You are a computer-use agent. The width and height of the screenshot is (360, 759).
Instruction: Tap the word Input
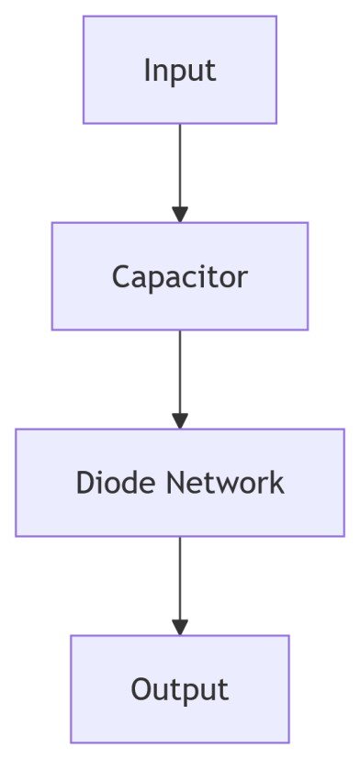[x=180, y=71]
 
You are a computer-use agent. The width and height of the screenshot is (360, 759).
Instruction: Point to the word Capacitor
[x=180, y=276]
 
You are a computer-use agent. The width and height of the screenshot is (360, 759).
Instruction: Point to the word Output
[x=180, y=689]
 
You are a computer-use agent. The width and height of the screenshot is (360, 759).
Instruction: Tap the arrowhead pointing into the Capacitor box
[x=180, y=215]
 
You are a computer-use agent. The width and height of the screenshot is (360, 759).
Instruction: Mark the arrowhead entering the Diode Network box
[x=180, y=421]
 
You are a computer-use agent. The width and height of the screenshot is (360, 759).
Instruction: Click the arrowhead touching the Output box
[x=180, y=628]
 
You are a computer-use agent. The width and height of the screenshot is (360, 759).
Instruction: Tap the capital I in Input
[x=147, y=70]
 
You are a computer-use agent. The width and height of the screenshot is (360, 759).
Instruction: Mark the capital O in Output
[x=141, y=689]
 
